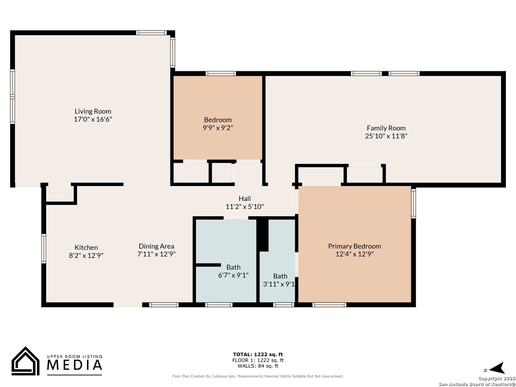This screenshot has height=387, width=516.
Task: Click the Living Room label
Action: click(93, 111)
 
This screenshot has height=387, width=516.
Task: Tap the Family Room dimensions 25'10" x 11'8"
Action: click(386, 136)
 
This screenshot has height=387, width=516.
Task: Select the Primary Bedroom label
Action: click(354, 246)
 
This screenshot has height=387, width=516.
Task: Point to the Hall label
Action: click(244, 199)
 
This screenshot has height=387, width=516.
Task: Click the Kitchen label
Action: click(86, 247)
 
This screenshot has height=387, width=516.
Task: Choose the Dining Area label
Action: click(156, 246)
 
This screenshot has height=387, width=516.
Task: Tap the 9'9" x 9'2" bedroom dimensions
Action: click(218, 128)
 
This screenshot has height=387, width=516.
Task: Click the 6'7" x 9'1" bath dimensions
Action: click(233, 275)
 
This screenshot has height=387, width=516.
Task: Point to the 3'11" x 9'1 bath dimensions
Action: click(279, 284)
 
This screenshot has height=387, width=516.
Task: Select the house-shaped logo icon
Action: click(25, 361)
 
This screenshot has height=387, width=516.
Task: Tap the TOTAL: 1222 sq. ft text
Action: click(258, 354)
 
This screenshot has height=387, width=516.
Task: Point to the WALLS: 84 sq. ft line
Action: click(258, 366)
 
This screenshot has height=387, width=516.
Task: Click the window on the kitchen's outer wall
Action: click(44, 249)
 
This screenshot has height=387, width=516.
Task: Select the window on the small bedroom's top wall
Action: click(221, 73)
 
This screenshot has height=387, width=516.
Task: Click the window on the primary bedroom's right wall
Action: click(413, 204)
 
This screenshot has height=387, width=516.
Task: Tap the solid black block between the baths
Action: click(263, 235)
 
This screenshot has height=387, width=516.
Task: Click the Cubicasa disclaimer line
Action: click(258, 376)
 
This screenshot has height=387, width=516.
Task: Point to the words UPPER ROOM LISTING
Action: click(75, 357)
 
